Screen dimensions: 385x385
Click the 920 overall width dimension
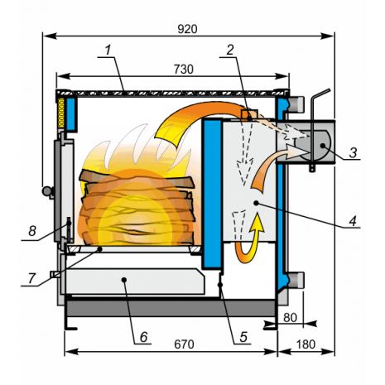pos(187,29)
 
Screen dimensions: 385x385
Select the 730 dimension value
pos(184,70)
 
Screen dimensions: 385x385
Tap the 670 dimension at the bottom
pos(184,344)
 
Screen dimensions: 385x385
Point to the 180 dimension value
pos(306,344)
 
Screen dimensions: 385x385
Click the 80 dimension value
pos(290,318)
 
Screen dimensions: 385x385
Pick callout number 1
pos(108,51)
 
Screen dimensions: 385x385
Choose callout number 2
pos(230,50)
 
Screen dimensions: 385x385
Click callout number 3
pos(353,152)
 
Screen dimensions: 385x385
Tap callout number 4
pos(353,221)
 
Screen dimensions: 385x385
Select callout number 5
pos(243,337)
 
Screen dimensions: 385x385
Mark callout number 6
pos(144,337)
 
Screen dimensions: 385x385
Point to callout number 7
pos(31,279)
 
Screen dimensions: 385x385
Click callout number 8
pos(32,231)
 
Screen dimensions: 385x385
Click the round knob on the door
pos(47,190)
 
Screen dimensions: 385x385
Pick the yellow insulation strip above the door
pos(61,113)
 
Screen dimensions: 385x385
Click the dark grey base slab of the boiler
pos(171,308)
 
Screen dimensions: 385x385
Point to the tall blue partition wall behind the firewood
pos(213,193)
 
